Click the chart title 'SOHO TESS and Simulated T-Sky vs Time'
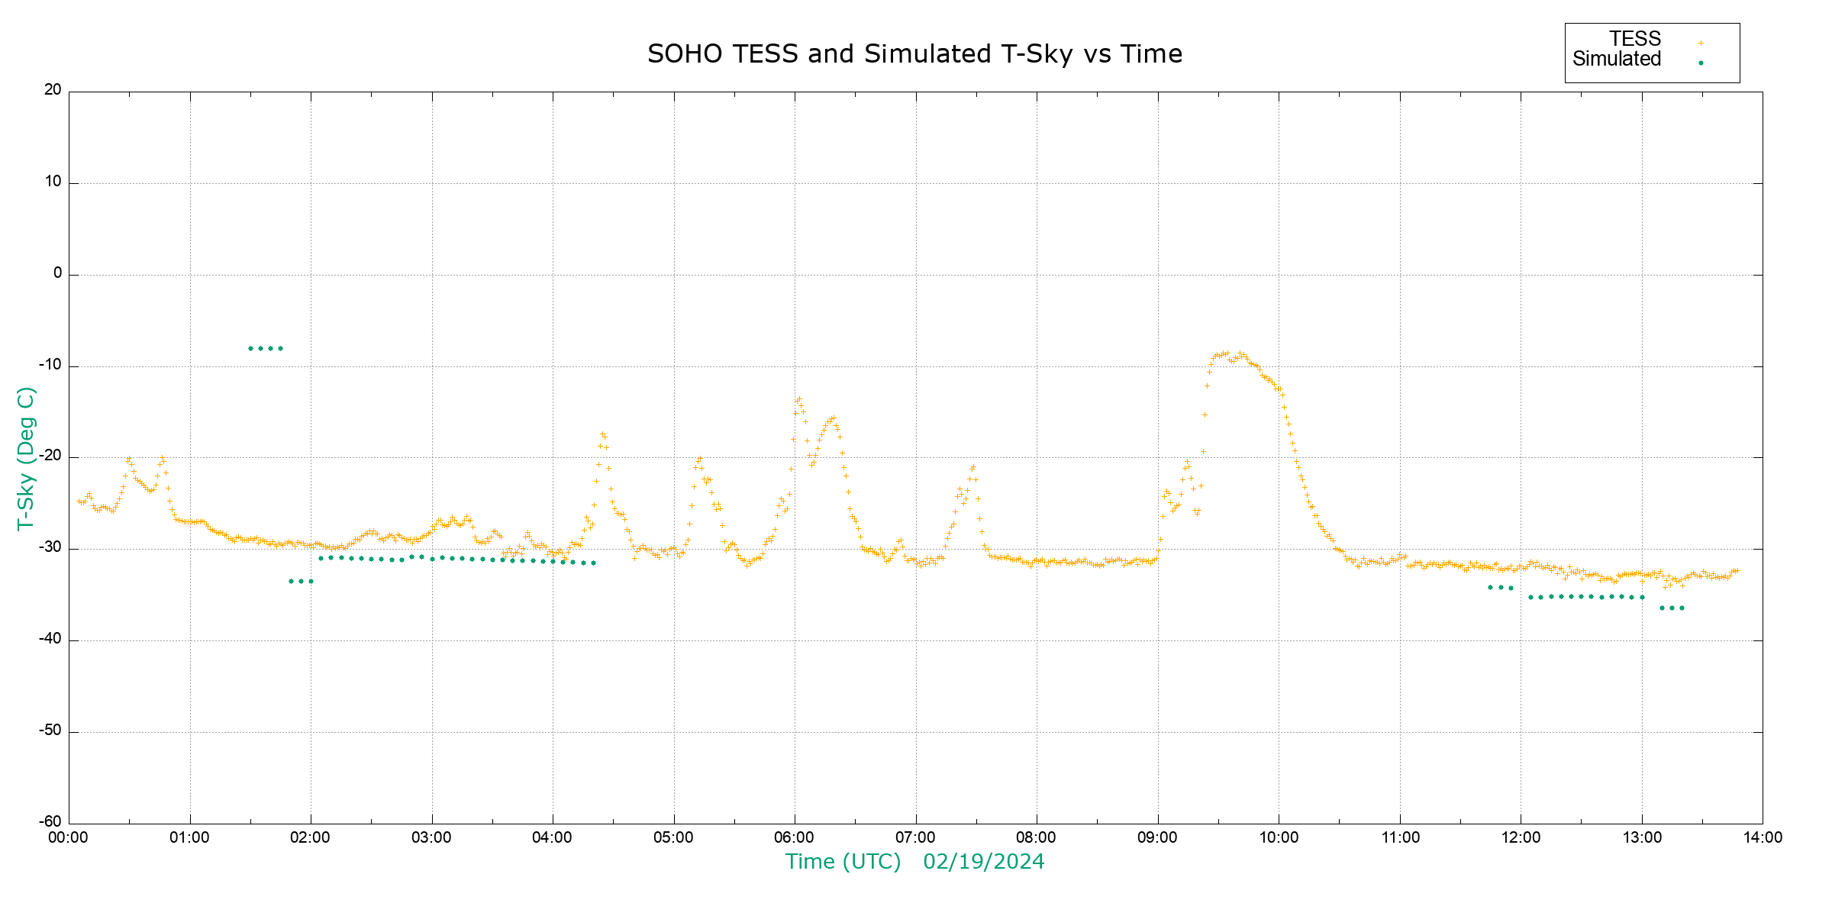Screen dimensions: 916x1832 pos(914,54)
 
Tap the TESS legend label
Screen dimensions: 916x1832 pos(1635,39)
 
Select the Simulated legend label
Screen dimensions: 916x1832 pos(1617,59)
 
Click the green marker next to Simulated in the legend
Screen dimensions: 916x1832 pos(1701,63)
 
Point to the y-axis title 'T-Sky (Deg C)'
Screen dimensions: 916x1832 pos(26,458)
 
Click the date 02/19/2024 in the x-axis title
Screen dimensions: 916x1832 pos(983,862)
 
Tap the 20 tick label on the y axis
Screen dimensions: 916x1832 pos(53,90)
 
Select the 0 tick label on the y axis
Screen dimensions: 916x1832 pos(57,273)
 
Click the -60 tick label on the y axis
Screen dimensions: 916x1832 pos(50,822)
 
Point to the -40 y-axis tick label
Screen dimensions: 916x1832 pos(50,639)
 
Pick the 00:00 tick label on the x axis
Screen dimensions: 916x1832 pos(69,838)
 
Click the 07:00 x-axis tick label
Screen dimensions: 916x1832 pos(915,838)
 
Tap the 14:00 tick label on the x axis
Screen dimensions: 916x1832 pos(1763,838)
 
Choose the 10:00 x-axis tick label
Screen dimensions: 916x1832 pos(1279,838)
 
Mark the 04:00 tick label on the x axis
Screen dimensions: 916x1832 pos(553,838)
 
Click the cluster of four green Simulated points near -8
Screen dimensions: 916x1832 pos(266,348)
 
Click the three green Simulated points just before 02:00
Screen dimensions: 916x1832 pos(301,581)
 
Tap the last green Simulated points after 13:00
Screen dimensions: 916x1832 pos(1672,608)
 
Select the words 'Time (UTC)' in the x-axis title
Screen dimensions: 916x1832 pos(843,862)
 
